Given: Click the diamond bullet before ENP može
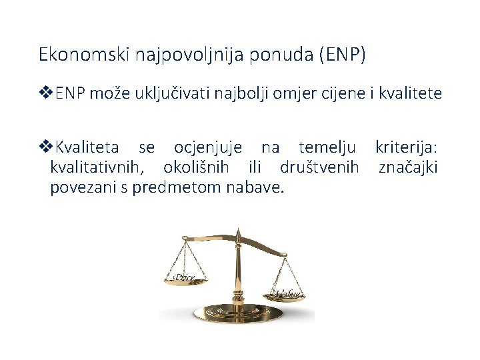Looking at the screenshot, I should [46, 93].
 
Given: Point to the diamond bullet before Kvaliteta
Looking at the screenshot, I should [46, 146].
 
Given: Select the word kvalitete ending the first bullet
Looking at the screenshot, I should [410, 93].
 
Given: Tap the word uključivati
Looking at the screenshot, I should [176, 93].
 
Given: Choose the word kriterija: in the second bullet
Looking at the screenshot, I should [407, 147].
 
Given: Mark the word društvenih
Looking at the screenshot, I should [320, 167].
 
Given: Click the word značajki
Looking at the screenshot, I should [408, 167].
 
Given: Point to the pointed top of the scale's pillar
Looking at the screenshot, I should [238, 232].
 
